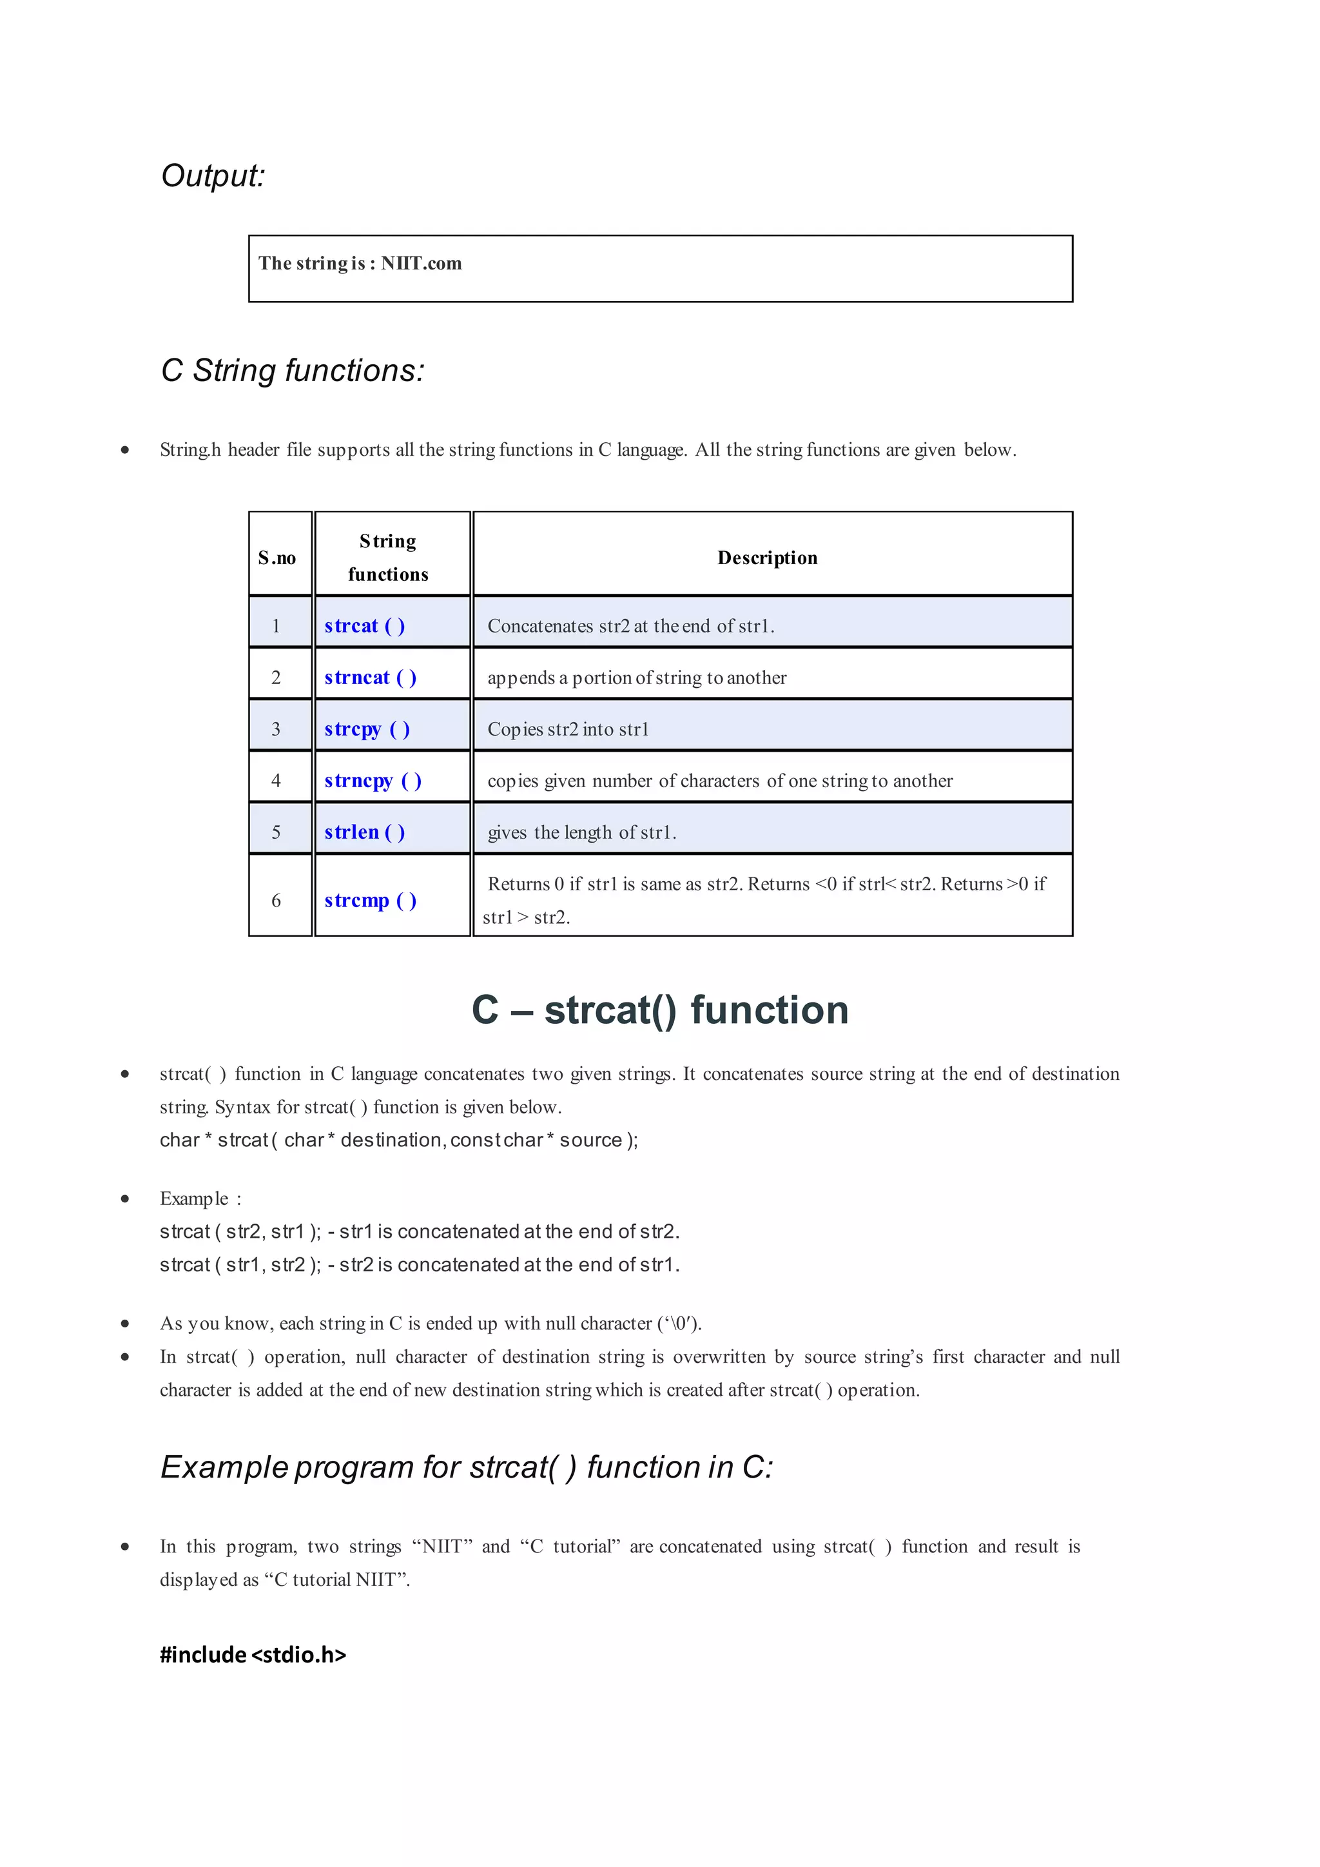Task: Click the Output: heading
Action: [x=213, y=175]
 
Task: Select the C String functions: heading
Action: [x=293, y=371]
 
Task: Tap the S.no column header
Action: [x=277, y=558]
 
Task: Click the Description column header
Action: [x=767, y=558]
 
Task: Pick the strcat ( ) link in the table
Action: [x=364, y=626]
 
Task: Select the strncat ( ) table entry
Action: [x=370, y=678]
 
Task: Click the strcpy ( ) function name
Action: [x=367, y=729]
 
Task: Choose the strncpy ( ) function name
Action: [x=373, y=781]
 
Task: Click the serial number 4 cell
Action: [x=277, y=781]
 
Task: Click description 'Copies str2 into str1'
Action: [x=568, y=729]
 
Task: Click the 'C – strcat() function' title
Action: [x=660, y=1011]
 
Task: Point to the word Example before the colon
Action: [x=194, y=1198]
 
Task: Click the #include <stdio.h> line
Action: [x=253, y=1655]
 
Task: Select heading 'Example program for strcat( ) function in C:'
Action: [x=467, y=1467]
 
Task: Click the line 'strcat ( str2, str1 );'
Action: [x=240, y=1232]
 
